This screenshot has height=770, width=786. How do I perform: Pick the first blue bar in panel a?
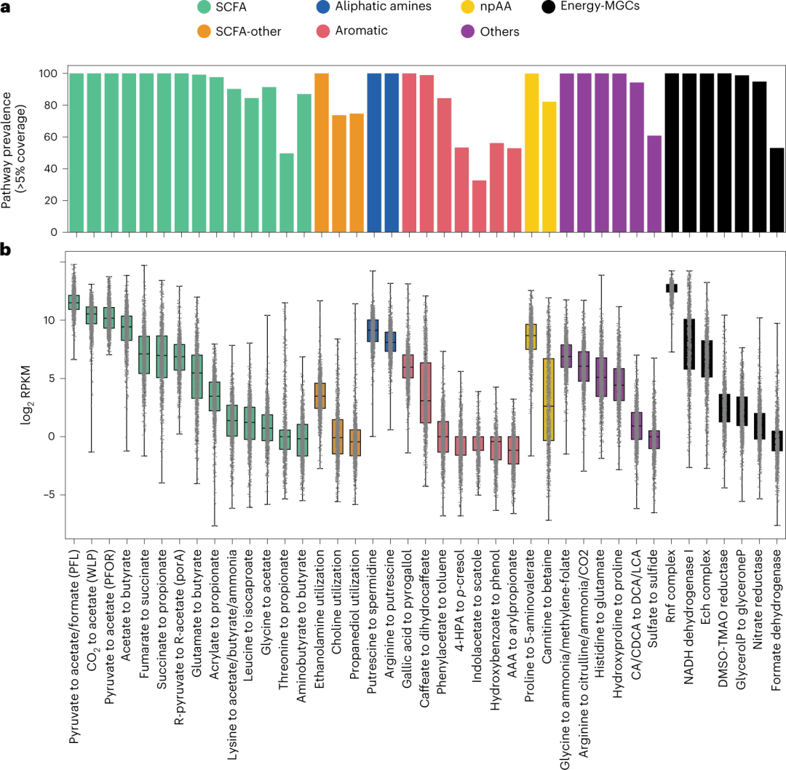click(374, 153)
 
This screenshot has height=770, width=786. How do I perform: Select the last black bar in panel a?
click(777, 190)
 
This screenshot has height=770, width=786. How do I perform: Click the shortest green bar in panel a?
click(287, 193)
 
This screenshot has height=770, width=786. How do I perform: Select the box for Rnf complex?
click(672, 288)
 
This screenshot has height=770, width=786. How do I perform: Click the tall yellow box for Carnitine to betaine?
click(549, 399)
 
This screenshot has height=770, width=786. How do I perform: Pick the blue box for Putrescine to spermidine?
click(373, 330)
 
